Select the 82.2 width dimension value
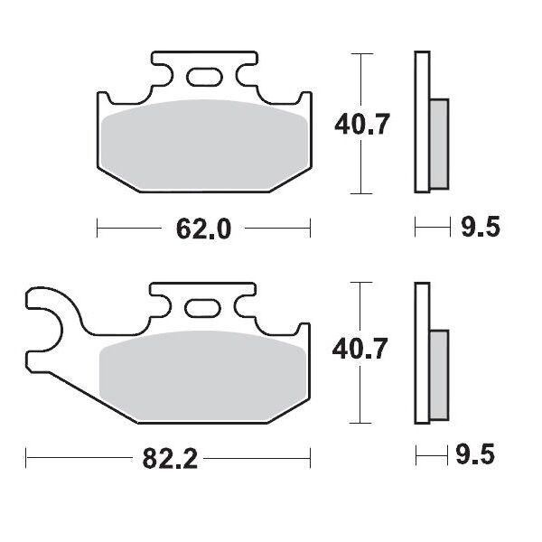[x=169, y=459]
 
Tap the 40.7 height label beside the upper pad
[x=361, y=125]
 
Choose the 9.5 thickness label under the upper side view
[x=479, y=229]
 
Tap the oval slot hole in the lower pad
[x=201, y=308]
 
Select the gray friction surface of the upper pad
[x=203, y=145]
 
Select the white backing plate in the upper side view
[x=420, y=122]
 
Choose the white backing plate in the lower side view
[x=420, y=352]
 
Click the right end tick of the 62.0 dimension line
[x=310, y=229]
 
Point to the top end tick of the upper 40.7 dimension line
[x=361, y=54]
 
